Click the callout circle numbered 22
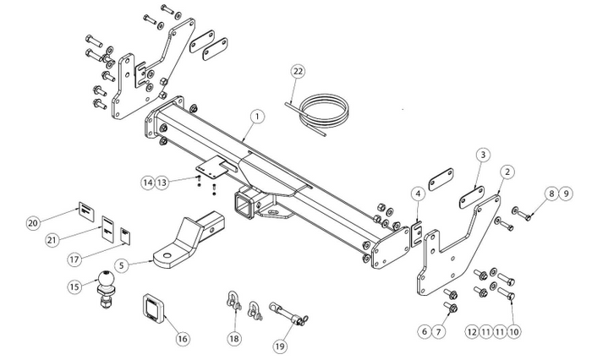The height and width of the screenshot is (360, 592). (x=298, y=71)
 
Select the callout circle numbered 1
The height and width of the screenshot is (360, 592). (x=257, y=117)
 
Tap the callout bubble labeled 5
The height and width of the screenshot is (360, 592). (x=121, y=265)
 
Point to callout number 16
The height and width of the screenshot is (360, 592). (x=183, y=339)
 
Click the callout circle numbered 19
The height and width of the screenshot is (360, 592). (x=280, y=346)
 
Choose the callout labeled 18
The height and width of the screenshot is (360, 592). (x=234, y=339)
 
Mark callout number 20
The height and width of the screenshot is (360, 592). (x=33, y=223)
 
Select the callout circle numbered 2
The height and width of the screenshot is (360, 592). (x=507, y=172)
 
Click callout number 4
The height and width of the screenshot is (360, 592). (x=418, y=194)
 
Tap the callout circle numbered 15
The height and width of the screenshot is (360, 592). (x=74, y=286)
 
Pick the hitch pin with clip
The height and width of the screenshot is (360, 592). (x=288, y=314)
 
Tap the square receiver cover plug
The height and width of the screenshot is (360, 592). (x=155, y=308)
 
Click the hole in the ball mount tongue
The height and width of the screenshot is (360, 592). (x=167, y=256)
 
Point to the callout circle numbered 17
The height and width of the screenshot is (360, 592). (x=74, y=259)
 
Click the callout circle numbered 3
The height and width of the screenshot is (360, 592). (x=483, y=155)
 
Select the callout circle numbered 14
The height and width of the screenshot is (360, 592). (x=148, y=183)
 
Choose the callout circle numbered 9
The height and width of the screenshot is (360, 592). (x=566, y=194)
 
